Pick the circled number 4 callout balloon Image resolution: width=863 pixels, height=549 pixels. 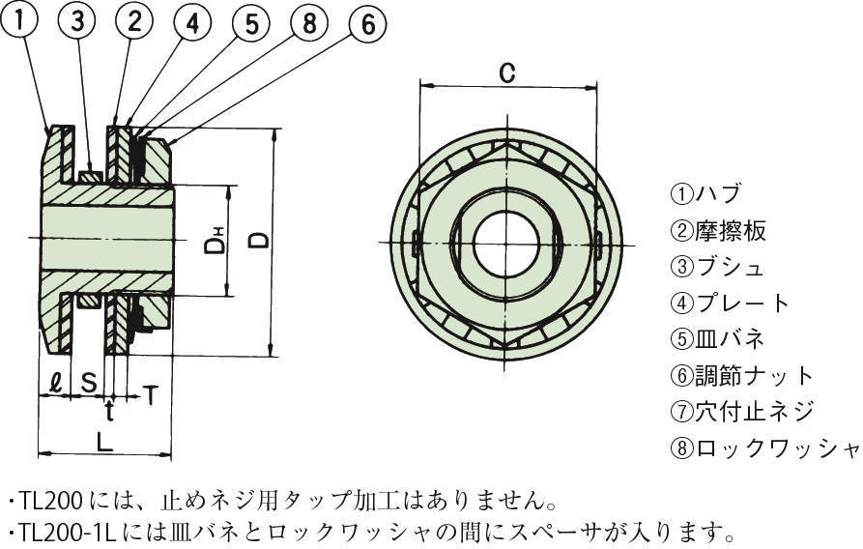[192, 23]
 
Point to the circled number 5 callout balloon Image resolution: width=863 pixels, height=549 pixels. [251, 23]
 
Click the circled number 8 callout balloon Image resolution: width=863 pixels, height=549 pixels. [310, 23]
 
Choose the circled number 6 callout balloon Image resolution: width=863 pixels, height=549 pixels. [368, 23]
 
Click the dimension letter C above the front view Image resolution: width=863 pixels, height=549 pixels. [507, 72]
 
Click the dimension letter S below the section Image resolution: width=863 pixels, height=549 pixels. [89, 382]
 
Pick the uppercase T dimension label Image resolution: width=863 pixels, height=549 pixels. [150, 394]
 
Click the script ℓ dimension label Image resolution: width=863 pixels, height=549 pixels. [55, 382]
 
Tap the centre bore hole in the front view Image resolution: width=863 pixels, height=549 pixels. [505, 244]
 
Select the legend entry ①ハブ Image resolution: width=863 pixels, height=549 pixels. [705, 194]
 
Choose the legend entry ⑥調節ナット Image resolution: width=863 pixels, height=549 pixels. [742, 376]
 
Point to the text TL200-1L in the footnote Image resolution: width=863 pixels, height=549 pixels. [68, 531]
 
